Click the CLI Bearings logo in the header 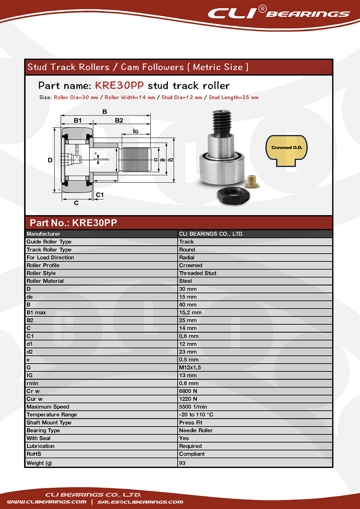pos(278,13)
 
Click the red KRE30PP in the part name pos(119,86)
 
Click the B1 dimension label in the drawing pos(78,121)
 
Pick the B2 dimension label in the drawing pos(119,121)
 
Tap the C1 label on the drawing pos(100,195)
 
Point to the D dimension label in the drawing pos(50,160)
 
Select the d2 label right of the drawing pos(170,160)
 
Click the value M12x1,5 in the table pos(190,368)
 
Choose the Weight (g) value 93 pos(182,463)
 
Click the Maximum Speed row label pos(48,407)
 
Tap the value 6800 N pos(188,391)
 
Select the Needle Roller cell pos(196,430)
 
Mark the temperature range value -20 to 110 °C pos(196,415)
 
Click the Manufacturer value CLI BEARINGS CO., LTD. pos(211,234)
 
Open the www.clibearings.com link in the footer pos(47,502)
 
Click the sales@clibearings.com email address pos(140,502)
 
